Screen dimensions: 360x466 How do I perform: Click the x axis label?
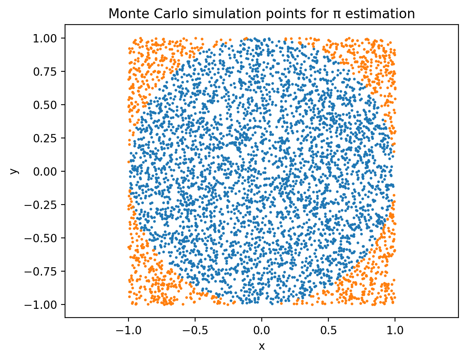tap(261, 346)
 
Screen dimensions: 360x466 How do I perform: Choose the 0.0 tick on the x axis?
tap(261, 329)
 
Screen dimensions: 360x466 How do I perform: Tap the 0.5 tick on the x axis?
tap(328, 329)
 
